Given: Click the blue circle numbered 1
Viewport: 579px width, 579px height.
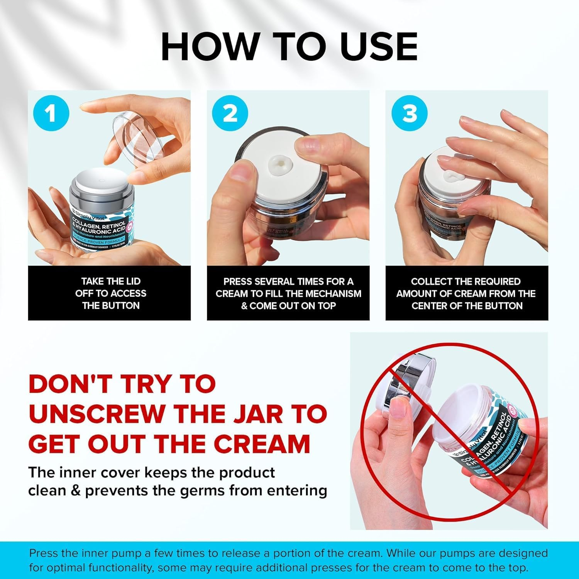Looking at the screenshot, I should (x=51, y=113).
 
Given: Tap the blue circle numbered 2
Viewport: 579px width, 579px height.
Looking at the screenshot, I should (x=230, y=113).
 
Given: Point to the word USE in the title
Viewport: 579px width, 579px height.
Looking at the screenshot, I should (x=379, y=46).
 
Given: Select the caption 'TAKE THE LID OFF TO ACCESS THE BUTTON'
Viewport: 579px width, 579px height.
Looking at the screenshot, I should (x=111, y=293).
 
